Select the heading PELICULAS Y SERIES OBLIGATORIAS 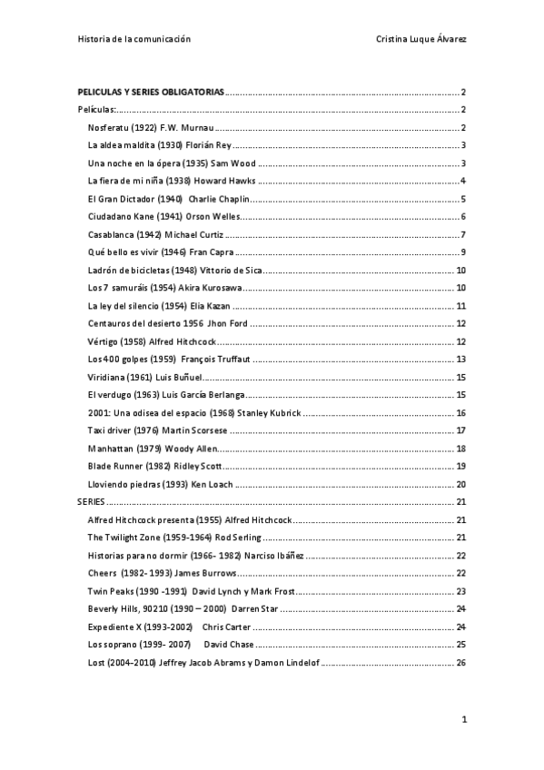[151, 93]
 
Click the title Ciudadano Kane [121, 216]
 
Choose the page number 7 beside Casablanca [463, 234]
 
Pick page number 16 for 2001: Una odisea [460, 413]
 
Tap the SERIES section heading [92, 501]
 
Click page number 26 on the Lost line [460, 662]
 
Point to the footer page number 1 [463, 720]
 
